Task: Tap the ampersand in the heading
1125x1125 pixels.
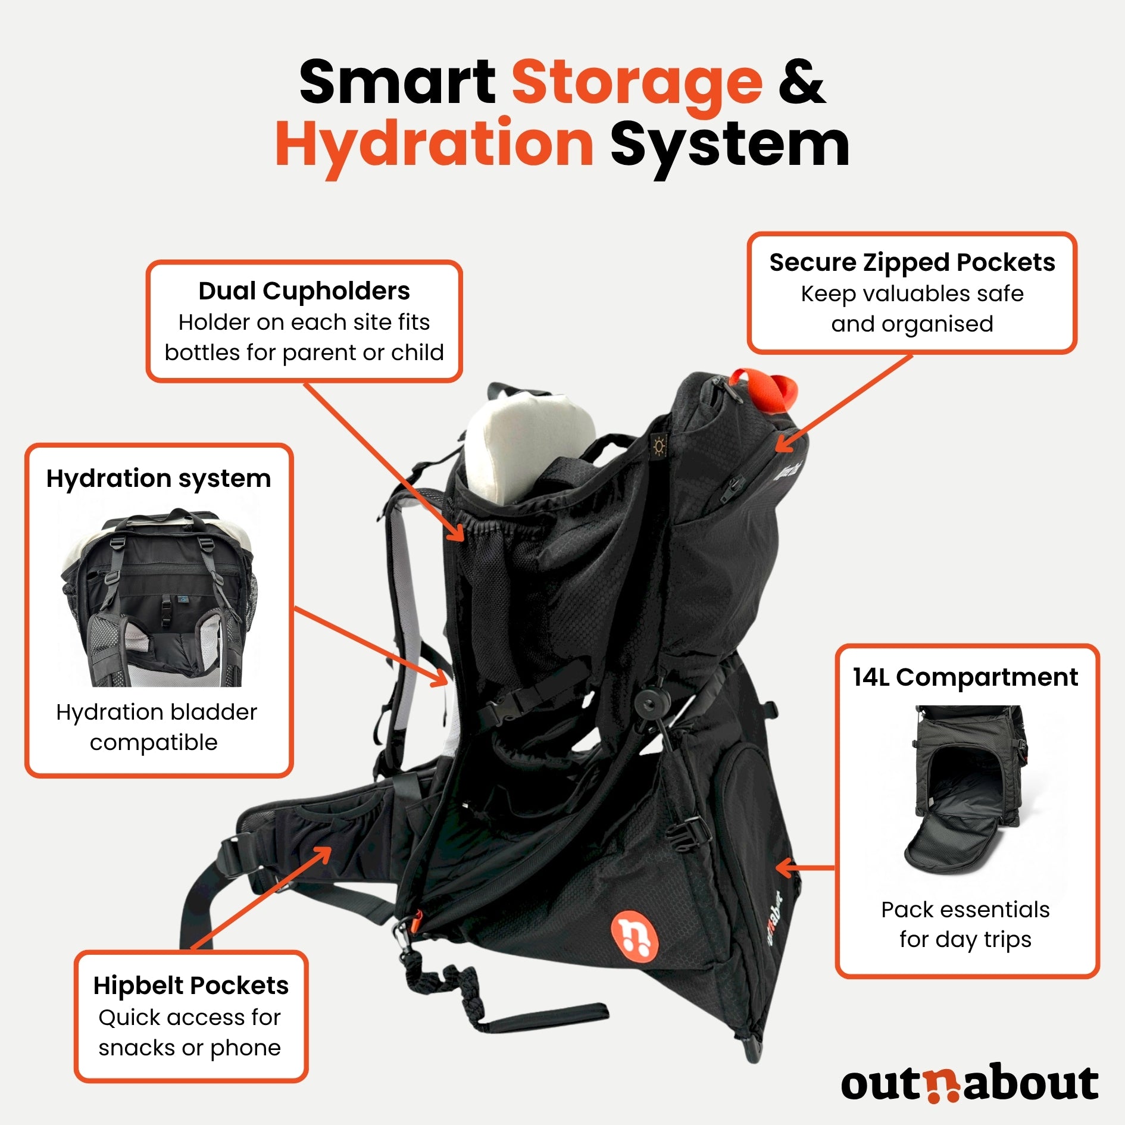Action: coord(802,82)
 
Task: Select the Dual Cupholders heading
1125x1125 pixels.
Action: coord(304,291)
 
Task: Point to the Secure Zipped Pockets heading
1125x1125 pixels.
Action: coord(912,262)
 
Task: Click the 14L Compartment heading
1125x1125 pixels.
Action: coord(965,677)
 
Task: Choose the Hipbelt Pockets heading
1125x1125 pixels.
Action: coord(191,986)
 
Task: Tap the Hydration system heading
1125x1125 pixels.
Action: coord(159,479)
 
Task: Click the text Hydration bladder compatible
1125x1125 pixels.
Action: coord(156,727)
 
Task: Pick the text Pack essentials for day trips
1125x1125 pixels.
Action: coord(965,924)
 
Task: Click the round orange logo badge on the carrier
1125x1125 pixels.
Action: coord(635,935)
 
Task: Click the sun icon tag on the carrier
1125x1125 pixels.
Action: coord(659,445)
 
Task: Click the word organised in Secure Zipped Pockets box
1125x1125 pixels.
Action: coord(937,324)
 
